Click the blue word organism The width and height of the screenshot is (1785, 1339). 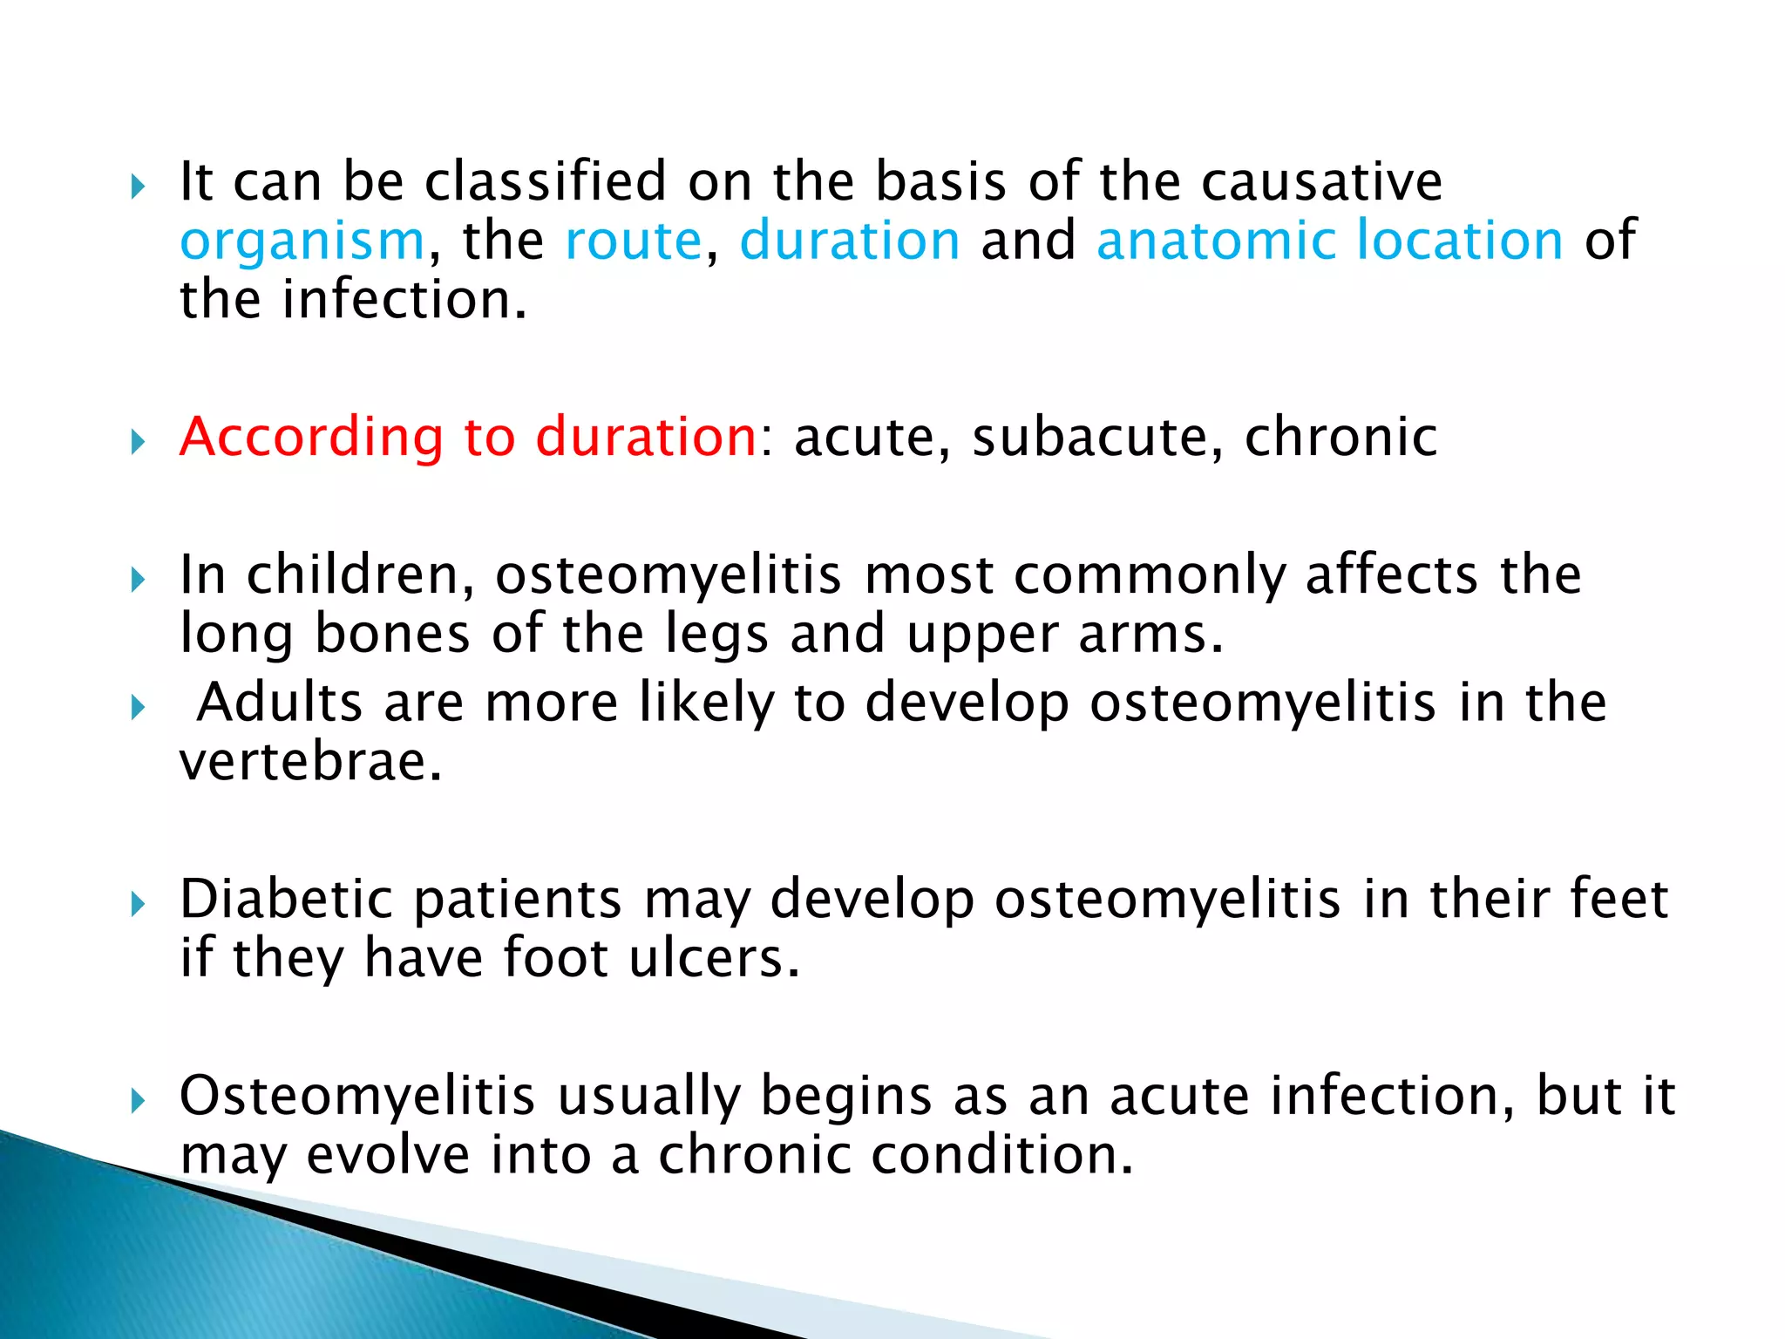[x=302, y=241]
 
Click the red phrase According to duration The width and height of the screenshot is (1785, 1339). [x=468, y=437]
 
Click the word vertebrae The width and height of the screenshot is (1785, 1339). [x=310, y=761]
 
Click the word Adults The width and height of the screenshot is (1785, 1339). [x=279, y=702]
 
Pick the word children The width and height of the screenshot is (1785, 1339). [x=361, y=575]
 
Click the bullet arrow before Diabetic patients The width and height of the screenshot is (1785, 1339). [x=138, y=905]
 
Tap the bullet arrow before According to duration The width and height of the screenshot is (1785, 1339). [x=138, y=442]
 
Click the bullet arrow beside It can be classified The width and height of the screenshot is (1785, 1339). [x=138, y=187]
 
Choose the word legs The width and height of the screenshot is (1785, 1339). [x=716, y=635]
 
